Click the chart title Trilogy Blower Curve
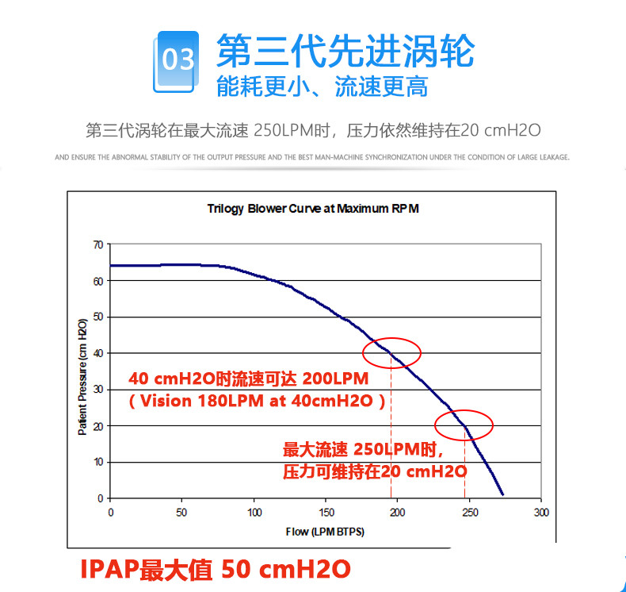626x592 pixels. coord(312,210)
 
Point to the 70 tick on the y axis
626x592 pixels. coord(98,244)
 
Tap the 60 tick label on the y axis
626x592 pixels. coord(98,281)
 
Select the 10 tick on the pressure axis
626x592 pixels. coord(98,462)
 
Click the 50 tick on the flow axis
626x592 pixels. coord(182,512)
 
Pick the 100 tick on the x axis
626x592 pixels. coord(254,512)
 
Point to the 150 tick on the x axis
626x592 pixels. coord(326,512)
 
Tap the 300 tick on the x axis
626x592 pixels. coord(541,512)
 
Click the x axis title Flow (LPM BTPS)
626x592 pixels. coord(325,532)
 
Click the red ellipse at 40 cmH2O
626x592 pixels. coord(391,352)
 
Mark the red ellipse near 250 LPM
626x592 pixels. coord(464,425)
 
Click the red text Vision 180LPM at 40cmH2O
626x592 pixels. coord(257,401)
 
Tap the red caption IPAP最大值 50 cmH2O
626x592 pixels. coord(215,569)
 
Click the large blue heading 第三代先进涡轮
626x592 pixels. coord(345,52)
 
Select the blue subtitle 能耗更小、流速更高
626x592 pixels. coord(322,86)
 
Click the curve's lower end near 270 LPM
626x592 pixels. coord(502,493)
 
